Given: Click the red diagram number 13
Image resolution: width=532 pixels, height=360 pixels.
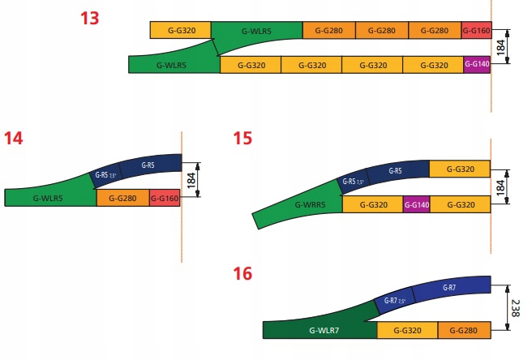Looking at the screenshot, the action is [90, 18].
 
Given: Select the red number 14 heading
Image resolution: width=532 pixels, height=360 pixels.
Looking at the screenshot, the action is [13, 138].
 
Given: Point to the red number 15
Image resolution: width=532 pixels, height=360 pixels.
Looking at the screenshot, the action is [242, 138].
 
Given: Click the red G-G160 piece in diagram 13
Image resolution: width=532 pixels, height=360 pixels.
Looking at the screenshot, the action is [476, 31].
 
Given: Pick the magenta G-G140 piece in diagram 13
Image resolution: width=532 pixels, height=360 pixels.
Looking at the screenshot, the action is [477, 64].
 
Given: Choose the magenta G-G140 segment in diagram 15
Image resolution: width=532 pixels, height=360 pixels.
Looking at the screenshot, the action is [416, 204].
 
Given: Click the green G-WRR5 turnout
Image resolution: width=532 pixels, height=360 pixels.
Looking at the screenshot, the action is [308, 206].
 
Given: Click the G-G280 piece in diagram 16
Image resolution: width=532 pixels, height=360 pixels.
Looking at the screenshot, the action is [464, 330].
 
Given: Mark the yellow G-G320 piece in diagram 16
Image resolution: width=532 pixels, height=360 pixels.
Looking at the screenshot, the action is [407, 330].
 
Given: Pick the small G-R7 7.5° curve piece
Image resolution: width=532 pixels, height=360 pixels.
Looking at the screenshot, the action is [393, 304].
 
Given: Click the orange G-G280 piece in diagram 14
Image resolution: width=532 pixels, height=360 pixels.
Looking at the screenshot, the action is [122, 198].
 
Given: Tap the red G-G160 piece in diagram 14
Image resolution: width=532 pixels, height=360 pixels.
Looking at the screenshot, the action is [164, 198].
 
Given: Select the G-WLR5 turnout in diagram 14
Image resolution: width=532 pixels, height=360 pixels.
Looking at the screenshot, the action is [49, 198].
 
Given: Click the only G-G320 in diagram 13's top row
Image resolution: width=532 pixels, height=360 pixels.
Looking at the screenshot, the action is [181, 31].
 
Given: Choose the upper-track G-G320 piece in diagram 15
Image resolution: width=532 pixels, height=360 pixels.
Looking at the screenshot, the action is [459, 169].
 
